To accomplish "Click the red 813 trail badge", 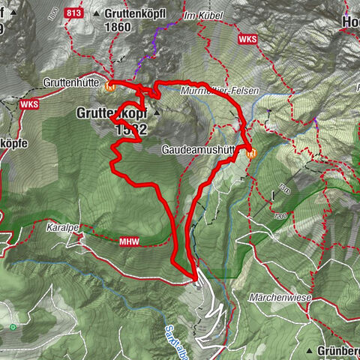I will (74, 13).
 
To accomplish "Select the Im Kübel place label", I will (198, 15).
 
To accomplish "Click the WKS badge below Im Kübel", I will (247, 38).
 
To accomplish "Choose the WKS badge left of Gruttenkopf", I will (29, 104).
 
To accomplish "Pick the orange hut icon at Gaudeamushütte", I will (250, 153).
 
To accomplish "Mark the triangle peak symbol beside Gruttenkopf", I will (157, 112).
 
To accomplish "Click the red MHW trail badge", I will (129, 241).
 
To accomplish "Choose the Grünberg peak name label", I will (337, 350).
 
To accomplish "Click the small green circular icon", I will (13, 327).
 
